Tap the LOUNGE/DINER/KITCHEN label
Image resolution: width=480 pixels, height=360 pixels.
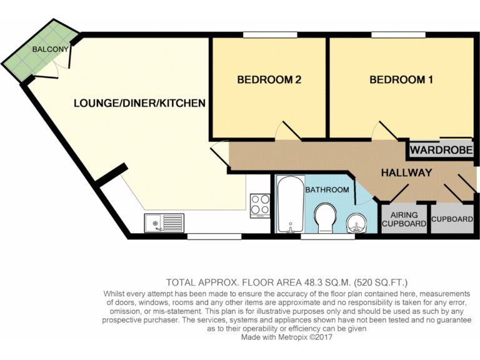click(139, 102)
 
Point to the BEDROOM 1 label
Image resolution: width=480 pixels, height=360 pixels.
click(401, 80)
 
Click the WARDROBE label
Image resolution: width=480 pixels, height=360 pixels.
click(441, 151)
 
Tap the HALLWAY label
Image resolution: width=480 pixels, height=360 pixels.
click(407, 172)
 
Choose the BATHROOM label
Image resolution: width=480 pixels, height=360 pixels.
click(327, 189)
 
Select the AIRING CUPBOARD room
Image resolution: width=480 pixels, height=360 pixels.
click(404, 219)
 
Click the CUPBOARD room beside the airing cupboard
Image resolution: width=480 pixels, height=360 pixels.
click(452, 219)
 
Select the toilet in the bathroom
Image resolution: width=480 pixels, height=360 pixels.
click(326, 218)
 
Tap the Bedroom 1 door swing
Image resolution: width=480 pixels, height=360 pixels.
click(382, 131)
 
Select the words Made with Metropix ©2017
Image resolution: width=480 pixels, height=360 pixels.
click(287, 337)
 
